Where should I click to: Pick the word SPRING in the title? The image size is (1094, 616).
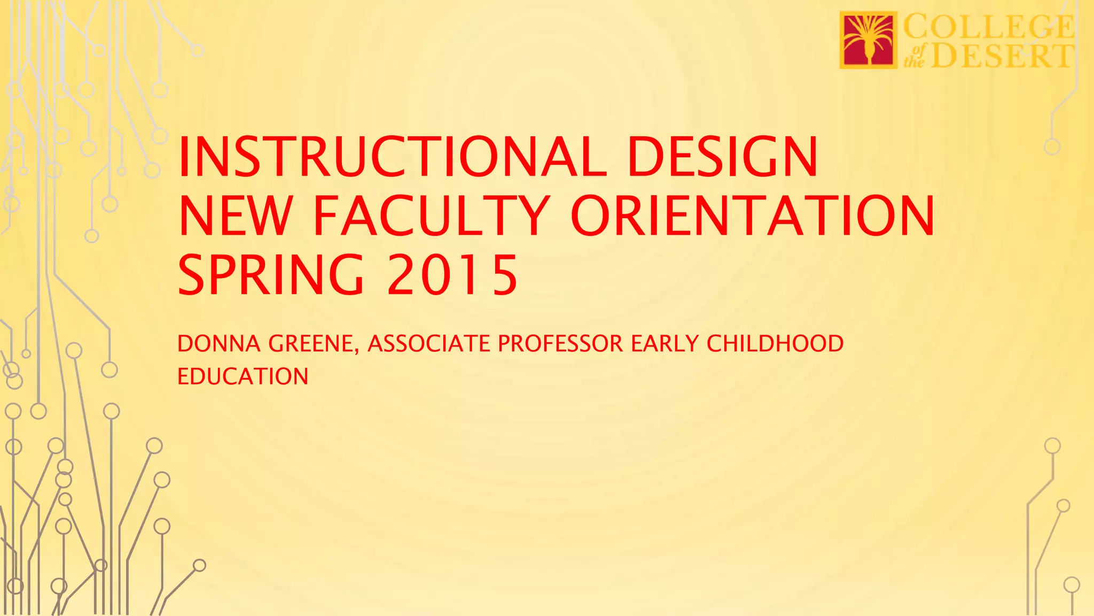point(271,275)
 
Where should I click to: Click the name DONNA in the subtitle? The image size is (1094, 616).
point(219,344)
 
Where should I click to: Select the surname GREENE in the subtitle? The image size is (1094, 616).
point(310,344)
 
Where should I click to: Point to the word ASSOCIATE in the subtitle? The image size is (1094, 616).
point(429,344)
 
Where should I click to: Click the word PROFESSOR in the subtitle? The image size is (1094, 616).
point(560,344)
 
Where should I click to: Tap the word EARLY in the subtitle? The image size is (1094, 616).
point(665,344)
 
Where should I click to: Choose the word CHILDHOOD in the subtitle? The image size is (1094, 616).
point(775,344)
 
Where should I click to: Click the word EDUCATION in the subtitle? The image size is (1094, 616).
point(243,376)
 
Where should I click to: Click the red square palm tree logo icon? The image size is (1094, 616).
point(868,40)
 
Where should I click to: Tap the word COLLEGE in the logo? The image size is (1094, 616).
point(988,27)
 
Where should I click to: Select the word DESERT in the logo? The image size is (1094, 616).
point(1002,56)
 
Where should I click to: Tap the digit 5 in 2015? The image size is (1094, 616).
point(505,275)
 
